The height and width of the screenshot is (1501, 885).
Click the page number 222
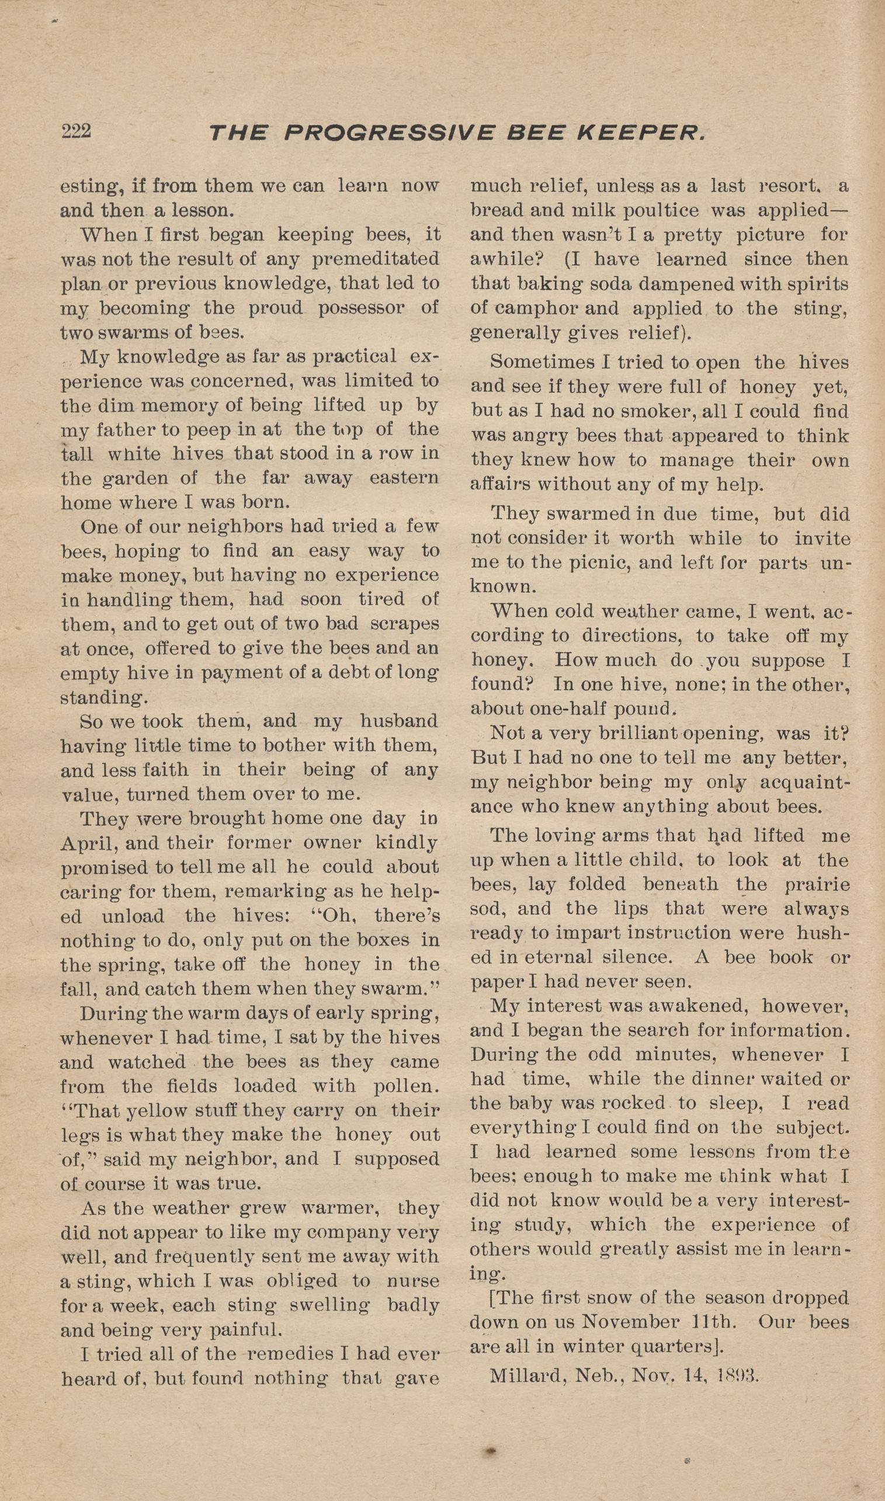click(76, 131)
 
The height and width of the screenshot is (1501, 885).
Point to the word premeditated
click(375, 259)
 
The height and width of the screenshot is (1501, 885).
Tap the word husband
click(398, 721)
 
